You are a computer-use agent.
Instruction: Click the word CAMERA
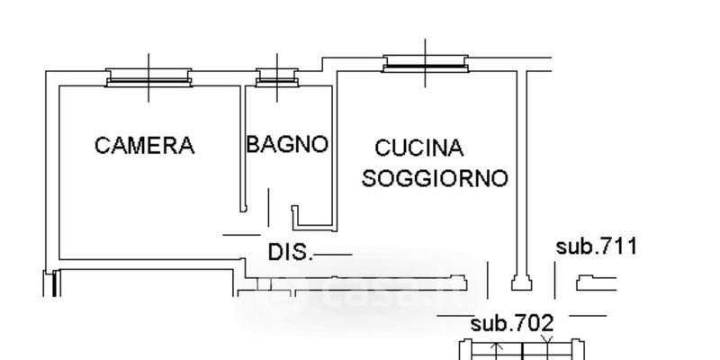point(144,145)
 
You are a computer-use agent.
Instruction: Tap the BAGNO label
point(287,144)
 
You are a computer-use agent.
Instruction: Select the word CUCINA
point(418,148)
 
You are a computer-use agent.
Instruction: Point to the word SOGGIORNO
point(435,178)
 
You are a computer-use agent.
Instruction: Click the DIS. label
point(290,253)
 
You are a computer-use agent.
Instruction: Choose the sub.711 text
point(596,246)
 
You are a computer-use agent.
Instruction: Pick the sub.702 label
point(512,322)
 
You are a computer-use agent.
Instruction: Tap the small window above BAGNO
point(271,79)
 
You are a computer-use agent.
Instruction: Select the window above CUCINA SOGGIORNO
point(427,64)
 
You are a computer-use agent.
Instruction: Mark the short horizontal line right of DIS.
point(332,255)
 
